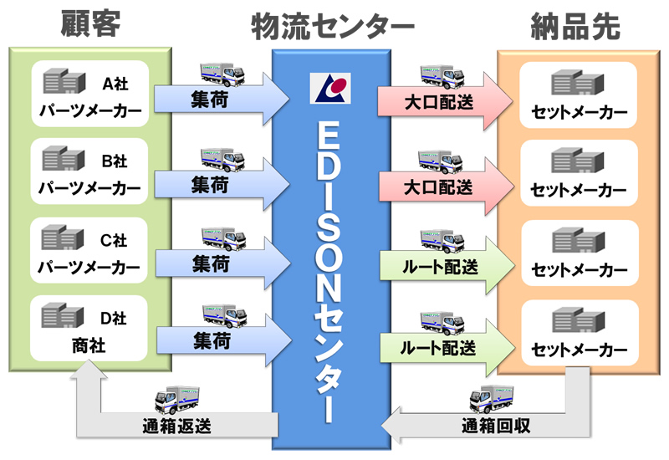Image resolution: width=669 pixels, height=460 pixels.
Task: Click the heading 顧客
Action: click(90, 25)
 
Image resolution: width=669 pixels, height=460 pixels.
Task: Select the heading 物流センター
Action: click(333, 27)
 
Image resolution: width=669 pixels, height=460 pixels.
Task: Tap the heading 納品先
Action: click(576, 27)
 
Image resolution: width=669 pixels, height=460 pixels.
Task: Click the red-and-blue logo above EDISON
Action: click(329, 87)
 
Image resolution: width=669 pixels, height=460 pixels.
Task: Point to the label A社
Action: click(113, 83)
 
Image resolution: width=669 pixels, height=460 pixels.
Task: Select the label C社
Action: click(113, 241)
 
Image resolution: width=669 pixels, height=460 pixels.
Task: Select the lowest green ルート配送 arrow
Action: click(438, 345)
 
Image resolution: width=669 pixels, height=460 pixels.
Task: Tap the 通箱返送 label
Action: click(176, 424)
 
